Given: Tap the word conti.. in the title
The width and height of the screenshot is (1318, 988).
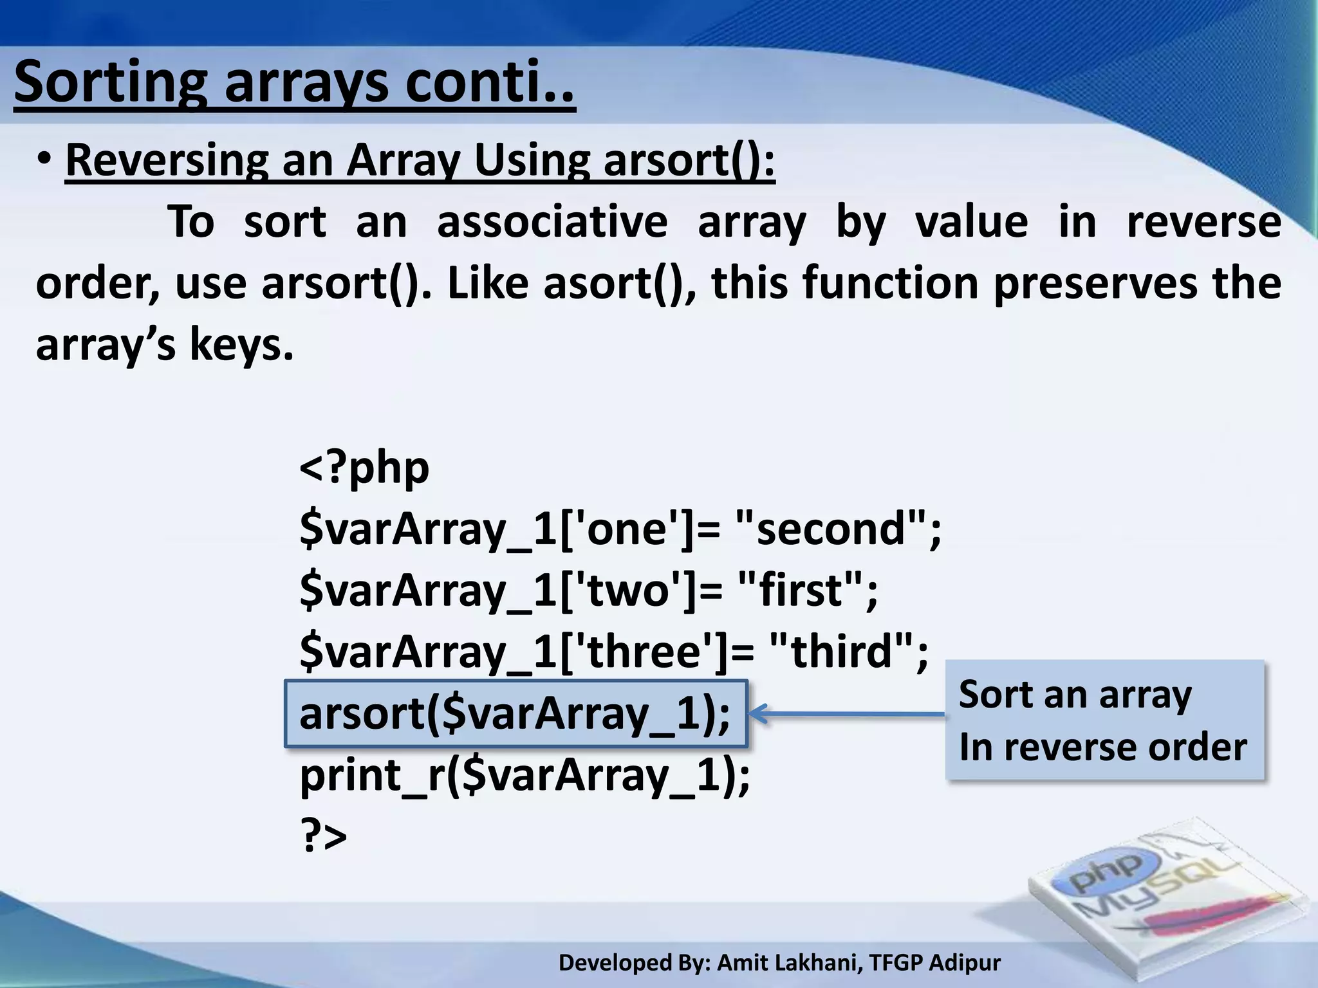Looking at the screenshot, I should [x=489, y=82].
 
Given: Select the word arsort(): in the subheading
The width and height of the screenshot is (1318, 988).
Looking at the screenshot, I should [x=689, y=160].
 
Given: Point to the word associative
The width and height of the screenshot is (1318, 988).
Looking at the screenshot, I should [x=552, y=222].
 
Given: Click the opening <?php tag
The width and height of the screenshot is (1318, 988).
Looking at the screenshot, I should [x=364, y=468].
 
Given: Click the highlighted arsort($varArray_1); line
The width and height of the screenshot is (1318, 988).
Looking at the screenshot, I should [x=515, y=713].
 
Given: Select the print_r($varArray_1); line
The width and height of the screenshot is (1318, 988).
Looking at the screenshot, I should [x=524, y=775].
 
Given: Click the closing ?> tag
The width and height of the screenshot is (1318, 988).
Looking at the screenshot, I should [x=324, y=836].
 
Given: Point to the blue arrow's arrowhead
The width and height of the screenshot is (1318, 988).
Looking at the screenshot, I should [x=758, y=713].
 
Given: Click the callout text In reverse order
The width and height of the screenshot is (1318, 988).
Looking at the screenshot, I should [x=1102, y=747].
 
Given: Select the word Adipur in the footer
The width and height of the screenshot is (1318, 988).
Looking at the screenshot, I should [x=965, y=963].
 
